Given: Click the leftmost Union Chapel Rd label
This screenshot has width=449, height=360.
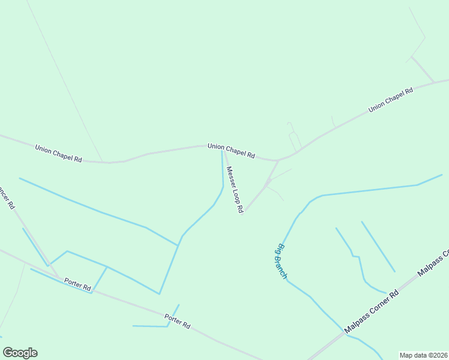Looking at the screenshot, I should pos(58,153).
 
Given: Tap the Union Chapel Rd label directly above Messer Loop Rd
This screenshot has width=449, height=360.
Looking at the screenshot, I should pos(231,150).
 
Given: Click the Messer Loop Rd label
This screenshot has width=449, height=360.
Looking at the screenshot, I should pos(234,190).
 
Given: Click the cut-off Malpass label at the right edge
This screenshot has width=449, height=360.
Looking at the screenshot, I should pos(433,263).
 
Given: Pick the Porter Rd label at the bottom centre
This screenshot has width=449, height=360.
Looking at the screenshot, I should pos(178,321).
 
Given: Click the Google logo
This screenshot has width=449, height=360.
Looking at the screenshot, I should pos(20,353).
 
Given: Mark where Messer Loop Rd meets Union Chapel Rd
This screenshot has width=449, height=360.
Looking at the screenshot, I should pos(223,150).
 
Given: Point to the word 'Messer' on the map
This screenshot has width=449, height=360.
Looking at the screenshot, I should pos(229,176).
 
